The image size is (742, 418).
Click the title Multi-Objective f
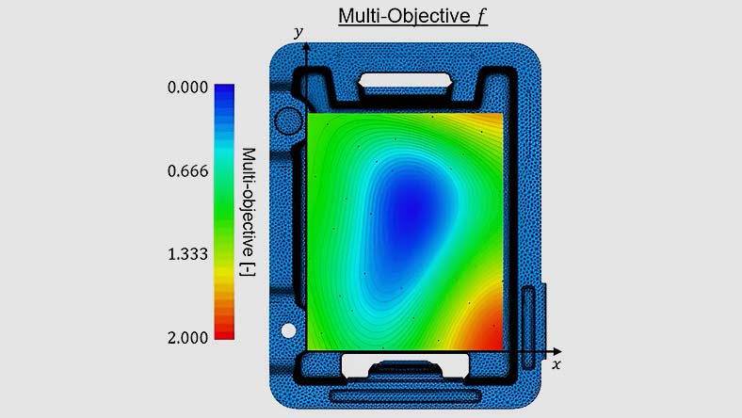[412, 16]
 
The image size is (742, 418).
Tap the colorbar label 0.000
[187, 88]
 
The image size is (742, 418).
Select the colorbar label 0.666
[187, 171]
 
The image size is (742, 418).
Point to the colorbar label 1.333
[187, 254]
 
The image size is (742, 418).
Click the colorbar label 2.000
[187, 338]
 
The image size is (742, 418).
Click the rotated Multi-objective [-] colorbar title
[249, 212]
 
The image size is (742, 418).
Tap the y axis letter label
[298, 32]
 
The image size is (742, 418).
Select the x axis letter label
[556, 364]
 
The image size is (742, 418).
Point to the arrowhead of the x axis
[557, 352]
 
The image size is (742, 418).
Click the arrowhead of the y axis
[307, 46]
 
